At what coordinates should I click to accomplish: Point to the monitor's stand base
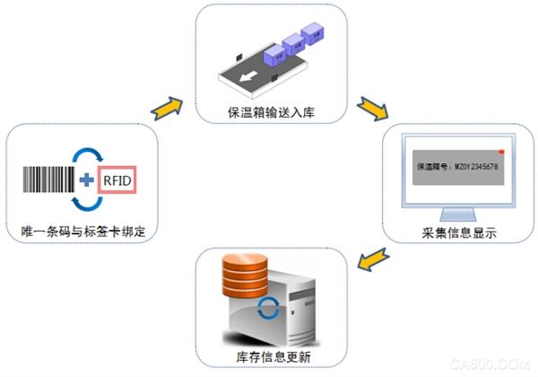[x=458, y=214]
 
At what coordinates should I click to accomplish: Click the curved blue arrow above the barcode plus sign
[x=86, y=153]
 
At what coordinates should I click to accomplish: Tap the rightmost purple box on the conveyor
[x=310, y=34]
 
